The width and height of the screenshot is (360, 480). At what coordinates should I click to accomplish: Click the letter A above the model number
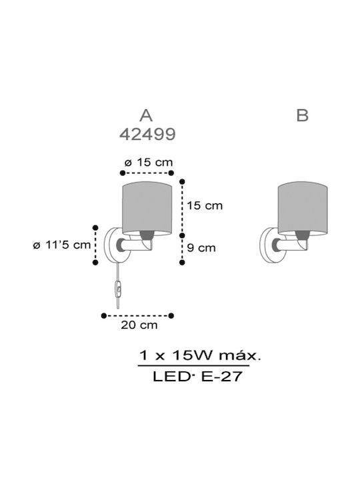point(146,116)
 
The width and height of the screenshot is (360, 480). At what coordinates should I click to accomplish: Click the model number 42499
point(147,134)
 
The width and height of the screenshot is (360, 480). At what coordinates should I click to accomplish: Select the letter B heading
point(302,115)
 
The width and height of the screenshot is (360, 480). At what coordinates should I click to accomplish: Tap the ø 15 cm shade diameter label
point(149,162)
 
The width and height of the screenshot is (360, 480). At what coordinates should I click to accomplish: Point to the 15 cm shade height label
point(205,205)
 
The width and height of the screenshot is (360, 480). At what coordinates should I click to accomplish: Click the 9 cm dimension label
point(201,247)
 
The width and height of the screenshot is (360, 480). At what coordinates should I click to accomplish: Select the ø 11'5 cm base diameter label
point(62,245)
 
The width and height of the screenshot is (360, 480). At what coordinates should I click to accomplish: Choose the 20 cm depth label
point(139,325)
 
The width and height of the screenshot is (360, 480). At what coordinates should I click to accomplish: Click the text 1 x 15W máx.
point(200,356)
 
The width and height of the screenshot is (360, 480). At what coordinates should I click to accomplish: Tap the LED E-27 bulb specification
point(197,376)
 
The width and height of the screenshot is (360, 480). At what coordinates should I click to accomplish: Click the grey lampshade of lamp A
point(147,208)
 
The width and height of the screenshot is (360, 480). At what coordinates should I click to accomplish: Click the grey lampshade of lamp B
point(303,208)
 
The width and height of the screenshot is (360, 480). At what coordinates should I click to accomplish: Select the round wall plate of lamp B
point(267,245)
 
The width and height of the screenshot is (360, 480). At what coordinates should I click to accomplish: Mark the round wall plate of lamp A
point(112,245)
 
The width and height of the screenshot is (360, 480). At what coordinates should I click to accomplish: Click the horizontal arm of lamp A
point(135,245)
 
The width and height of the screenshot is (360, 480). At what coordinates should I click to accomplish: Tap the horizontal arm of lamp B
point(290,245)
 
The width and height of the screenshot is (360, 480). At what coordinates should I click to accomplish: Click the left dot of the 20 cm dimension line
point(104,315)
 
